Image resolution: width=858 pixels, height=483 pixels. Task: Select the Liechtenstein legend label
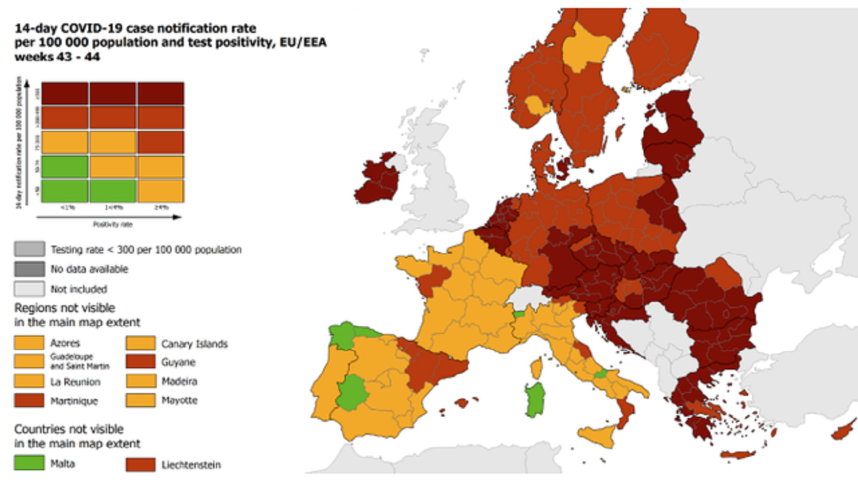click(191, 464)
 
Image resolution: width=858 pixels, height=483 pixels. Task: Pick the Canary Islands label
click(194, 344)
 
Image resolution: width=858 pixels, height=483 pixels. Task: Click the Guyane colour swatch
click(139, 363)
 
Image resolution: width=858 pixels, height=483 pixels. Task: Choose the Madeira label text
click(179, 382)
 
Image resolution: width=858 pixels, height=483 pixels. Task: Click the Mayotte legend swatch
click(139, 400)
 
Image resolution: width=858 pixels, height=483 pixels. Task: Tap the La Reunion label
click(75, 382)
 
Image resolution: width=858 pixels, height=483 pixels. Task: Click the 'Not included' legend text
click(78, 289)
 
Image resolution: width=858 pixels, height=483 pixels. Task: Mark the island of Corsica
click(536, 368)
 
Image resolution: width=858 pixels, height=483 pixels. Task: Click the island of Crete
click(737, 455)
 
